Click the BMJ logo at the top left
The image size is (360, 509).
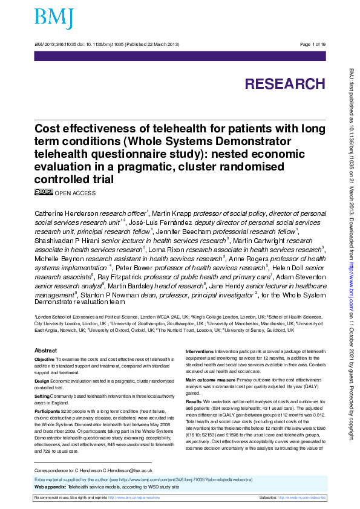pyautogui.click(x=54, y=19)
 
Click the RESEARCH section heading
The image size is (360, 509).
pyautogui.click(x=284, y=84)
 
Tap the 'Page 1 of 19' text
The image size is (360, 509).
pyautogui.click(x=313, y=45)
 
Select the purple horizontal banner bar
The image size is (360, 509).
pyautogui.click(x=180, y=56)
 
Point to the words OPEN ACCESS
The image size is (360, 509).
pyautogui.click(x=75, y=193)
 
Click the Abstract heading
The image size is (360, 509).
pyautogui.click(x=46, y=351)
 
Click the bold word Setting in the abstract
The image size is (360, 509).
pyautogui.click(x=42, y=395)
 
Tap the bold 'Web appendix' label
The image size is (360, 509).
pyautogui.click(x=50, y=486)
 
